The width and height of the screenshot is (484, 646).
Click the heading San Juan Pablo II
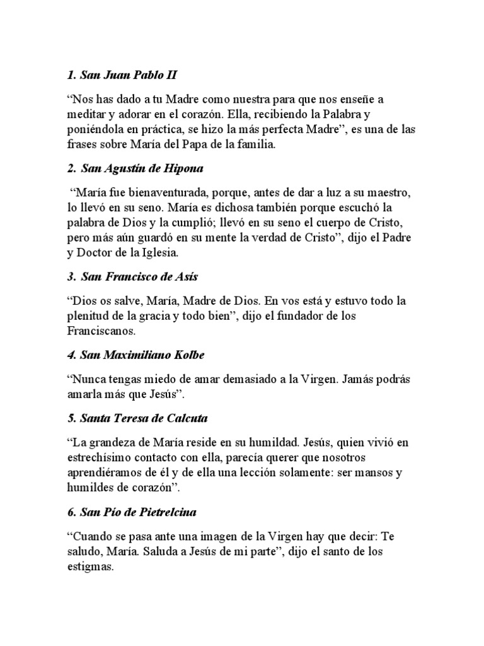pos(122,75)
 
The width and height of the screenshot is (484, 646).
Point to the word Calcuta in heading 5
pos(188,418)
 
